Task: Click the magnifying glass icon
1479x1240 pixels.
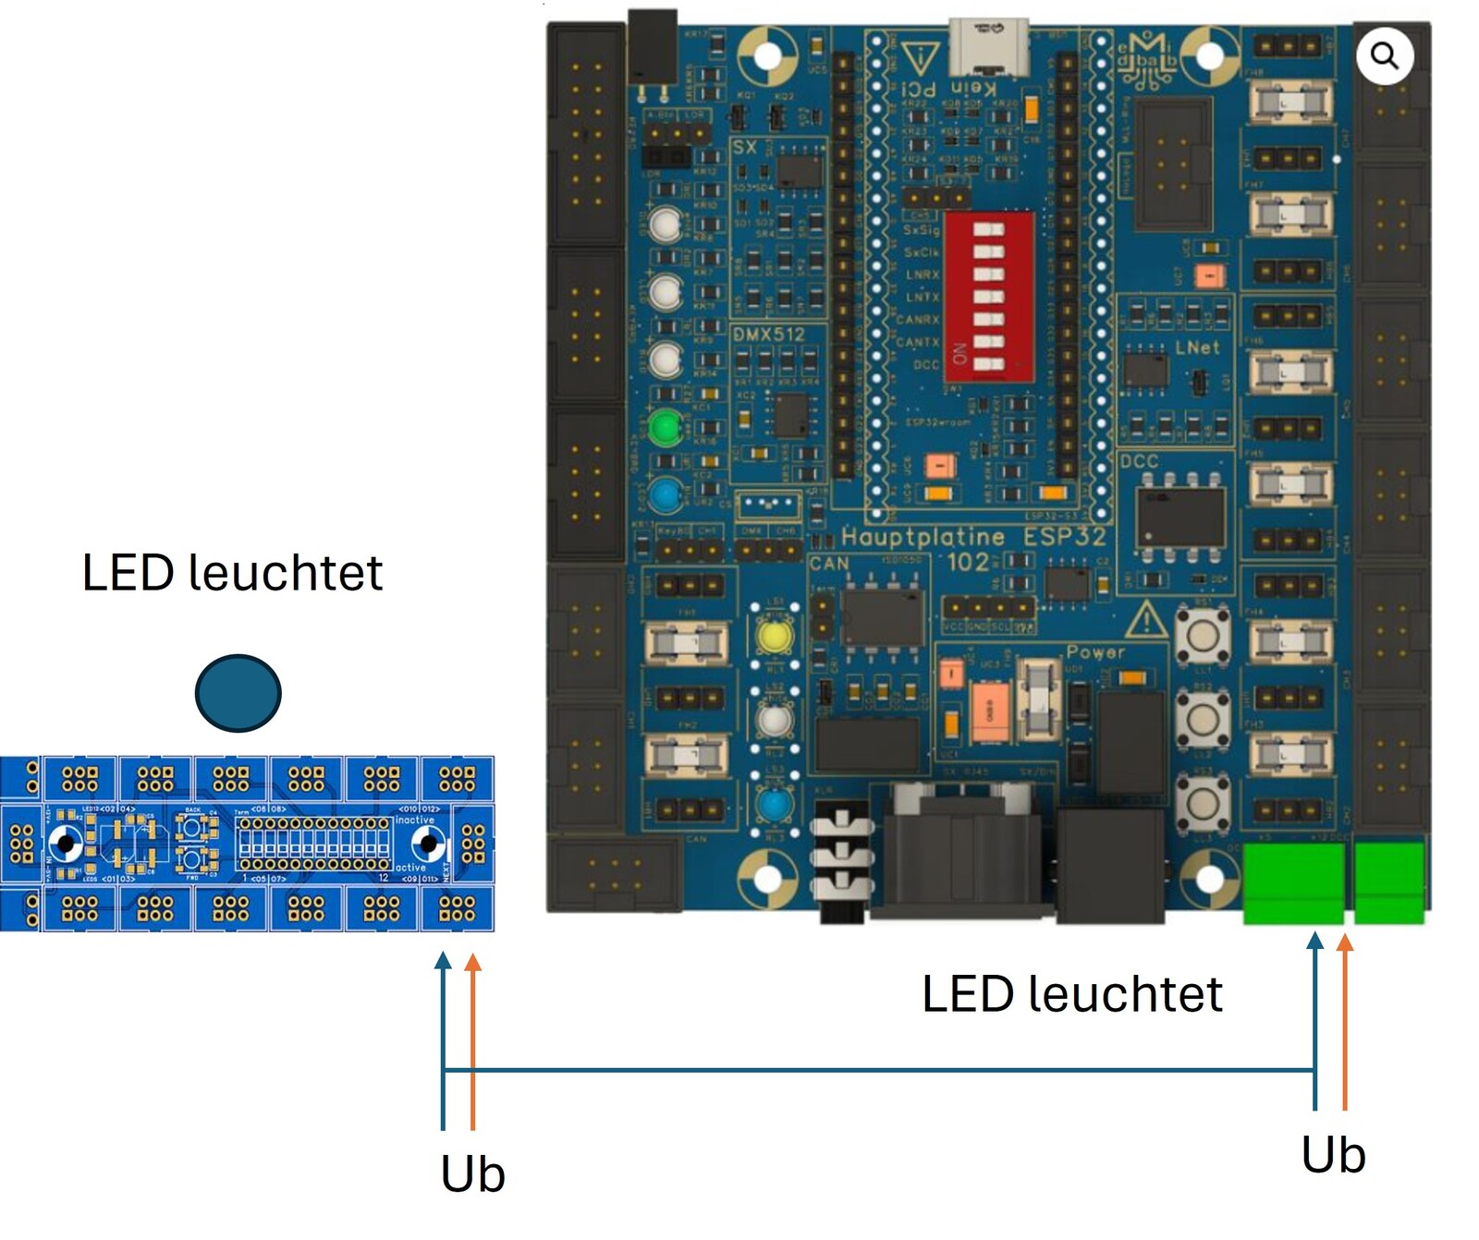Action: click(1384, 56)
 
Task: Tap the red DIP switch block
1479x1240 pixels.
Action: click(987, 297)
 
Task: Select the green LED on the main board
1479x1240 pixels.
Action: click(665, 428)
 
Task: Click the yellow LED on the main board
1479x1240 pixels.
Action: click(774, 636)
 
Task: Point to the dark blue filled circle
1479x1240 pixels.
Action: click(238, 693)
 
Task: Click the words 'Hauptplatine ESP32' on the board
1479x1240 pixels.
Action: click(972, 537)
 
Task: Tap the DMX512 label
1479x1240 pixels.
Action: click(768, 334)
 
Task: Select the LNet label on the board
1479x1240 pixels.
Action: click(1197, 347)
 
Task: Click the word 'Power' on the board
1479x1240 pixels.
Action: click(1095, 651)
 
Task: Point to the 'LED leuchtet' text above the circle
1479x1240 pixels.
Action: click(232, 573)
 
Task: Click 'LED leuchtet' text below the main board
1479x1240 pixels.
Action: click(1071, 994)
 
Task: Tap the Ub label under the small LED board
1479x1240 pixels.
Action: click(472, 1174)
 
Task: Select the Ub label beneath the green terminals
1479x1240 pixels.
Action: click(1333, 1155)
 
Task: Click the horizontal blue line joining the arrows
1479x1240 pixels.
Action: click(878, 1071)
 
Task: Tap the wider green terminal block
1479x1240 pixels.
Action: click(1292, 883)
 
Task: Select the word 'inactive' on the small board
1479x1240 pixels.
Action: click(414, 820)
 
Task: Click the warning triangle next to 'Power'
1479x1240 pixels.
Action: click(1146, 618)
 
